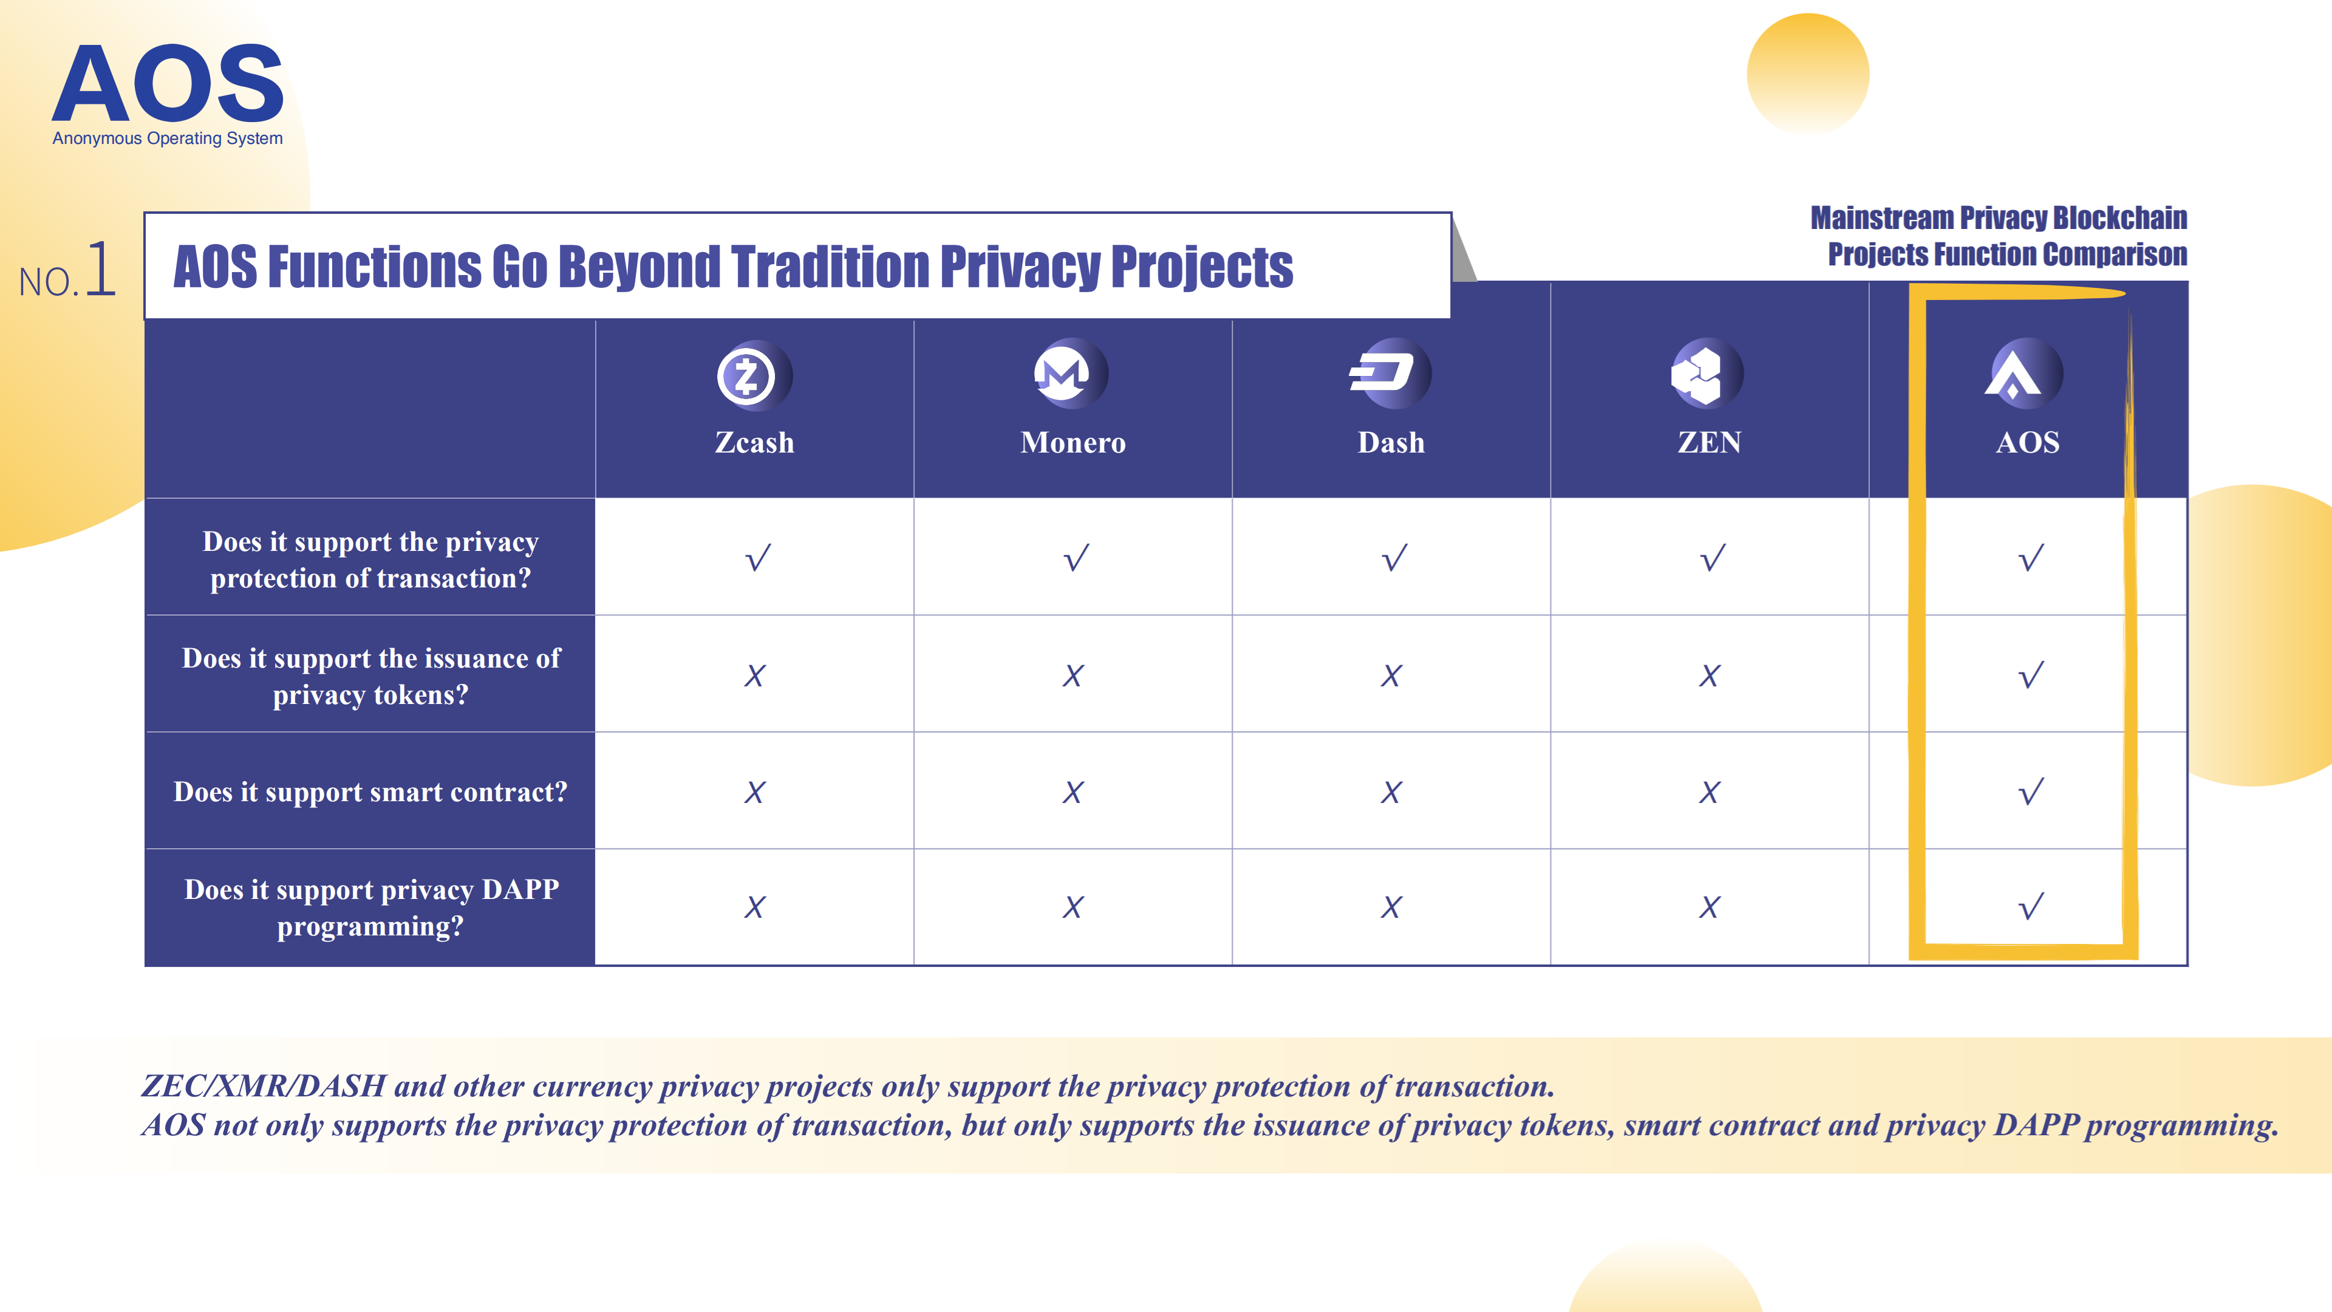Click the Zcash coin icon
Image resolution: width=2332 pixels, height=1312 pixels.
tap(753, 375)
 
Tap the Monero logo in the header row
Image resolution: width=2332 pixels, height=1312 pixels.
tap(1070, 373)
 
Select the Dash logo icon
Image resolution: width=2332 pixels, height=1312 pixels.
tap(1389, 373)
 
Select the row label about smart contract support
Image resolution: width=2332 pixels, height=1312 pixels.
tap(370, 792)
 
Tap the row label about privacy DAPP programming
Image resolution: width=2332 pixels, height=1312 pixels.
tap(371, 907)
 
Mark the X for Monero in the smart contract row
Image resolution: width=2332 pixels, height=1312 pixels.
tap(1072, 792)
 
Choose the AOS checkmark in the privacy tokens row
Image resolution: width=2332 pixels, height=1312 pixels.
tap(2031, 675)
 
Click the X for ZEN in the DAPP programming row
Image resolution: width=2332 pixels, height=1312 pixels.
tap(1709, 907)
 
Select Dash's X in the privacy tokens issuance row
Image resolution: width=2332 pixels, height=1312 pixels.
tap(1391, 675)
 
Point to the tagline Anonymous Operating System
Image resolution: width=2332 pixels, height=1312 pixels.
tap(168, 138)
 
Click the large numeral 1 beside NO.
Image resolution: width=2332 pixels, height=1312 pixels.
tap(100, 269)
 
